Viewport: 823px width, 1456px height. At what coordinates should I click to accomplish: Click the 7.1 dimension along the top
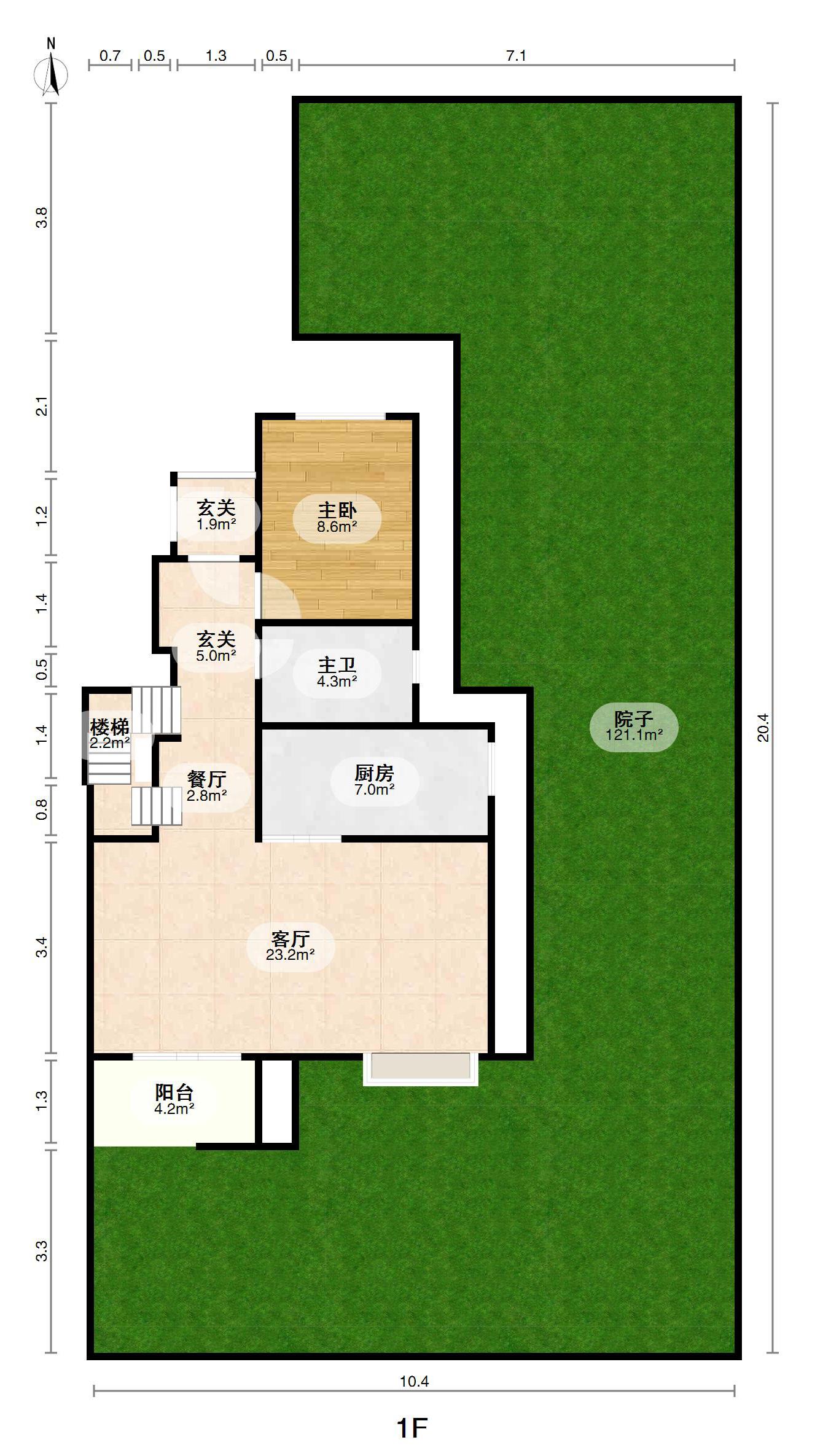(x=516, y=56)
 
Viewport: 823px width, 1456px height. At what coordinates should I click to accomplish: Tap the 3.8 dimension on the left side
(x=41, y=218)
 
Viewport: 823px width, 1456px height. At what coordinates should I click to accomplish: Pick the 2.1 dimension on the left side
(x=41, y=407)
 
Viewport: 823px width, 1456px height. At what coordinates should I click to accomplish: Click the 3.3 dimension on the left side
(x=41, y=1251)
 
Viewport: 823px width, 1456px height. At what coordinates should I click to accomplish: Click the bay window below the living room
(x=421, y=1069)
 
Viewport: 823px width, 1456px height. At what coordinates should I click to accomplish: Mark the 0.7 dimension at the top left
(x=110, y=56)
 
